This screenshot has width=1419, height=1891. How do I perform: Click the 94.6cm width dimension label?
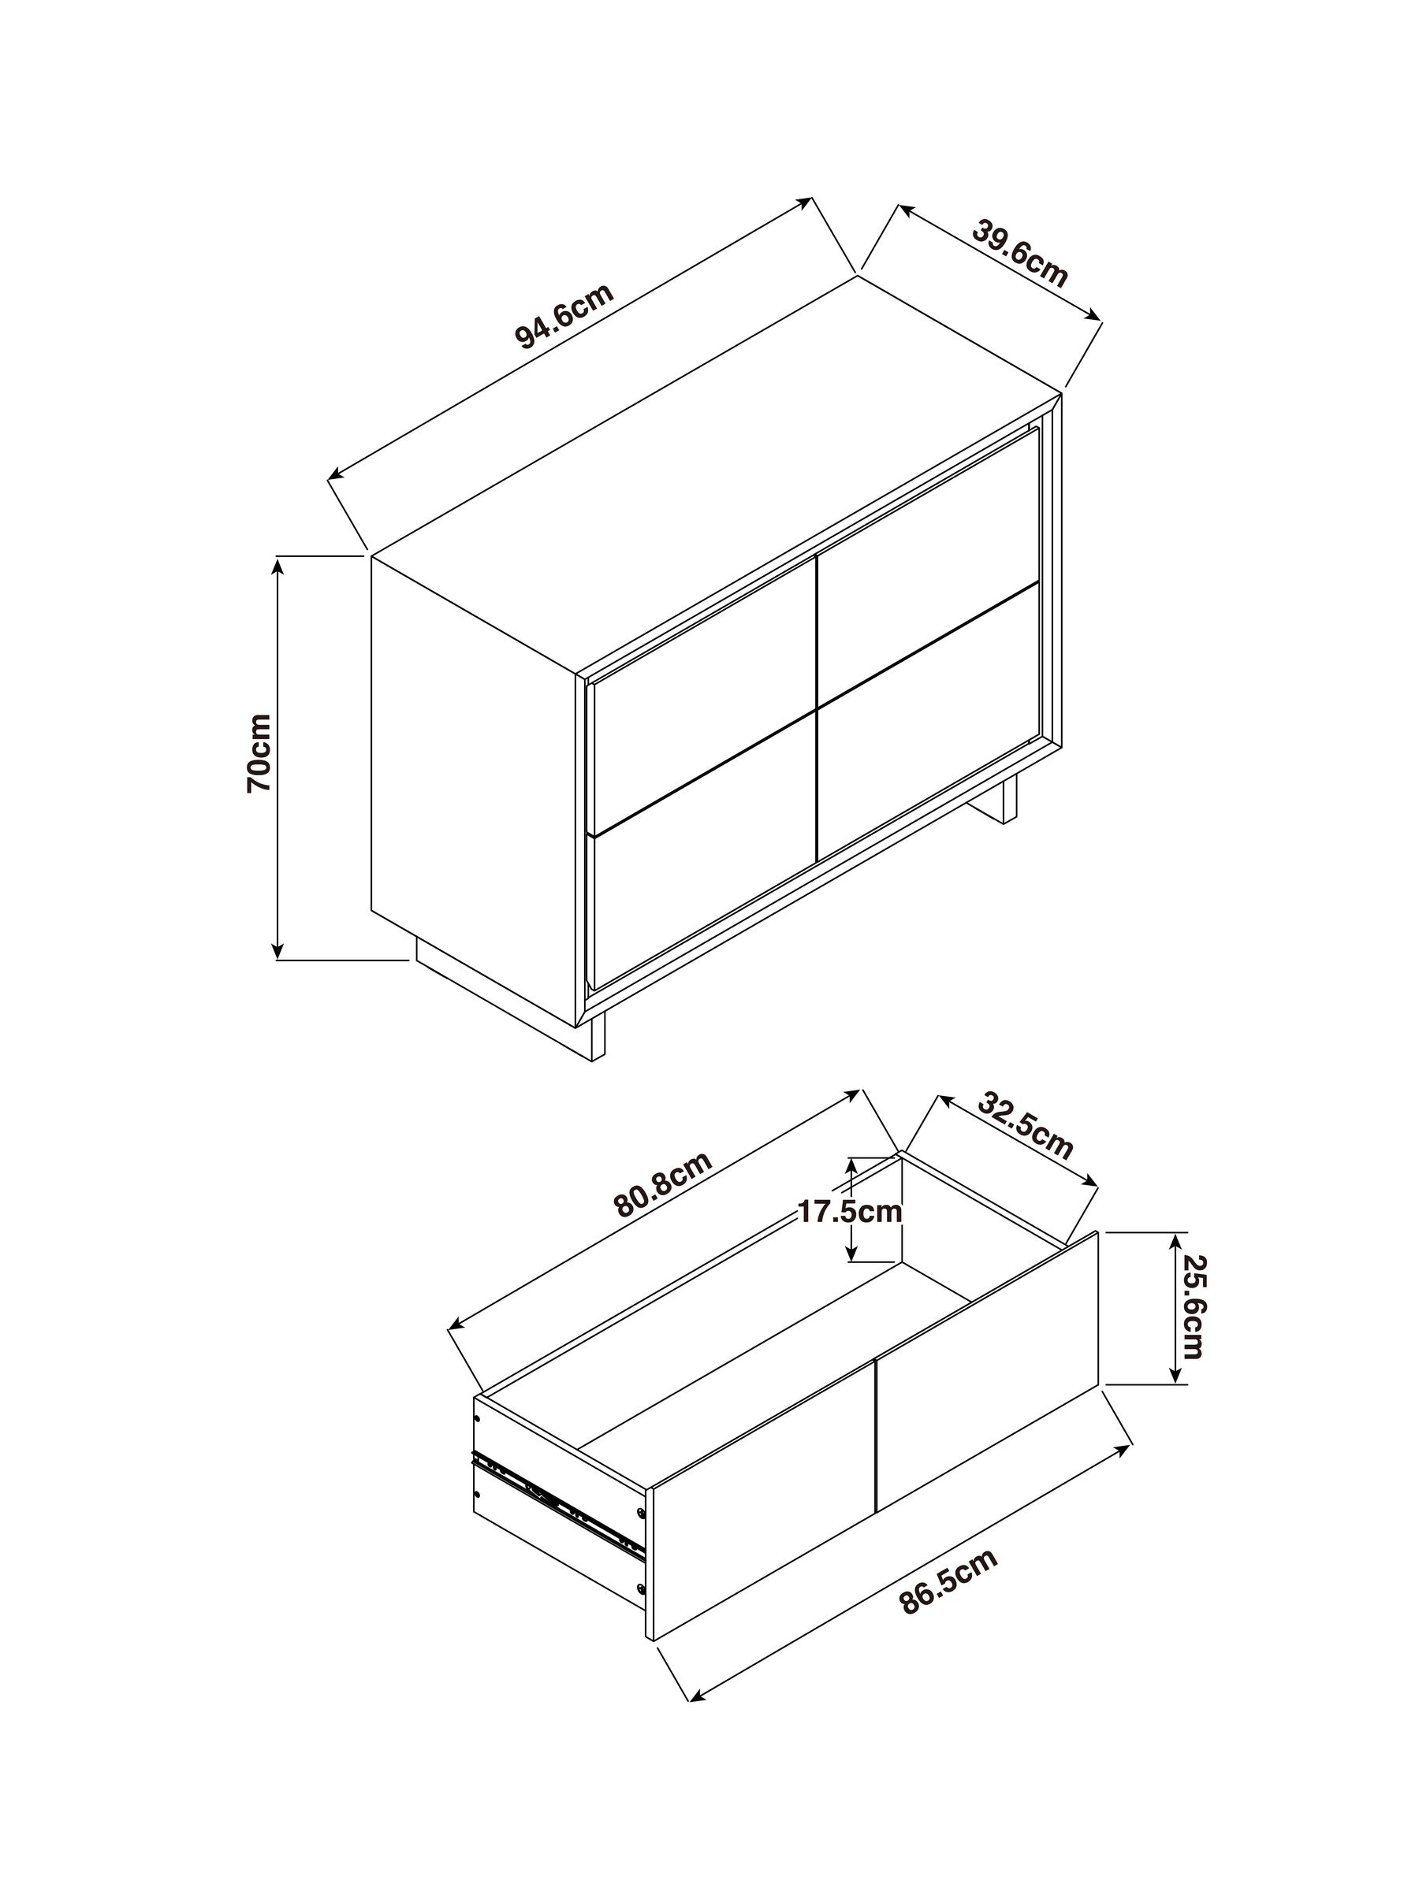coord(564,315)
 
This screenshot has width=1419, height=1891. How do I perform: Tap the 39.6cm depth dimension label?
coord(1019,254)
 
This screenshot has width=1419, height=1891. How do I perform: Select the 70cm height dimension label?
coord(259,753)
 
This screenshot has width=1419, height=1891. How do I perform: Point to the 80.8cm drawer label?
coord(663,1184)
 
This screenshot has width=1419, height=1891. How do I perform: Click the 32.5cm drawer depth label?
coord(1024,1126)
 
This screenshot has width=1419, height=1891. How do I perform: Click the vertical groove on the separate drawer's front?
coord(876,1445)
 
